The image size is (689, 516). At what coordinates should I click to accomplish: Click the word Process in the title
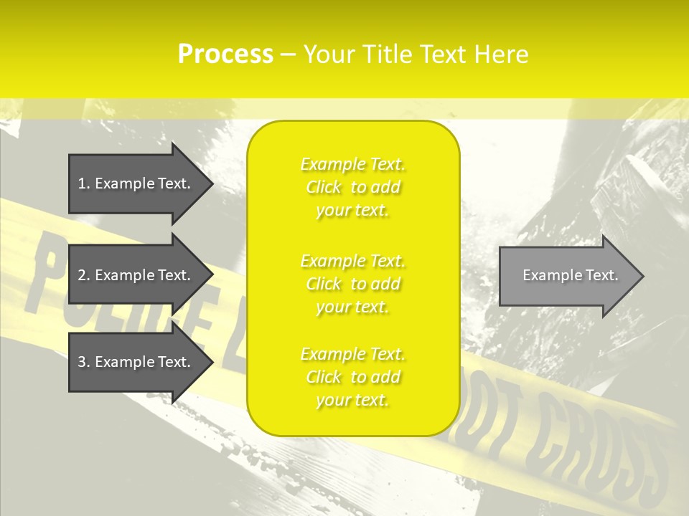click(x=225, y=54)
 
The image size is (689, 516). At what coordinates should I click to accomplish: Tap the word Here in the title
click(x=501, y=54)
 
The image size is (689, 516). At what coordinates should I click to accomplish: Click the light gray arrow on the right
click(x=567, y=276)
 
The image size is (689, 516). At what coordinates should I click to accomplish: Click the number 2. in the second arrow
click(x=84, y=275)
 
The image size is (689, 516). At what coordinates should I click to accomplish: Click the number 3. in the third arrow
click(x=84, y=362)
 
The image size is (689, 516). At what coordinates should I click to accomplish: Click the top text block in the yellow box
click(x=353, y=187)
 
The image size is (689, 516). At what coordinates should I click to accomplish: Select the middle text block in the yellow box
click(x=353, y=284)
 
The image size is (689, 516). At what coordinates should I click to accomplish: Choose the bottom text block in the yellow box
click(x=353, y=377)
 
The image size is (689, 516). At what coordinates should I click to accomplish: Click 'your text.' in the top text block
click(x=352, y=211)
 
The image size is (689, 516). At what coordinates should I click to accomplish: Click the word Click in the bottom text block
click(x=324, y=377)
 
